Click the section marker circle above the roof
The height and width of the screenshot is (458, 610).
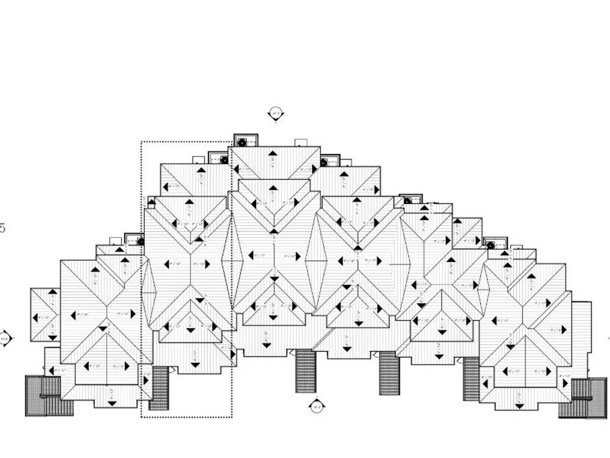pyautogui.click(x=275, y=113)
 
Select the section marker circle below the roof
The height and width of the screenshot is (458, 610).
pyautogui.click(x=316, y=406)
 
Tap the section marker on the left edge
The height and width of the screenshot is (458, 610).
pyautogui.click(x=5, y=338)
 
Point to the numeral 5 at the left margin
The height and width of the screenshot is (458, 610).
pyautogui.click(x=2, y=228)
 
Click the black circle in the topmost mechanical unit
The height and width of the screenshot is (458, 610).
pyautogui.click(x=242, y=142)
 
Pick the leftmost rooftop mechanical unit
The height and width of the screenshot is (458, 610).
pyautogui.click(x=133, y=239)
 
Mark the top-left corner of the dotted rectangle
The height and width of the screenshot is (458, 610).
pyautogui.click(x=142, y=142)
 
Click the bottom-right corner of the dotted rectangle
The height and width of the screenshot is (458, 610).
pyautogui.click(x=231, y=417)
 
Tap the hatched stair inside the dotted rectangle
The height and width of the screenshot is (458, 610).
pyautogui.click(x=159, y=388)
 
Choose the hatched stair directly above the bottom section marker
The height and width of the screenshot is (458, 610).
pyautogui.click(x=306, y=371)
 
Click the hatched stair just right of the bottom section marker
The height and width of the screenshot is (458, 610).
pyautogui.click(x=389, y=373)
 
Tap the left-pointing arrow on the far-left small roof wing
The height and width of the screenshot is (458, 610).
pyautogui.click(x=36, y=318)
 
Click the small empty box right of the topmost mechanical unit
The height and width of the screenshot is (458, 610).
pyautogui.click(x=301, y=143)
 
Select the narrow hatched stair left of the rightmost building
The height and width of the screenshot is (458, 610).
pyautogui.click(x=471, y=379)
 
